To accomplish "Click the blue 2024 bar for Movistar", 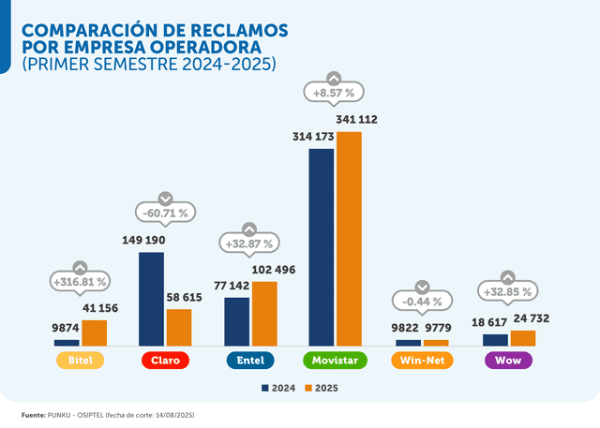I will click(x=321, y=247).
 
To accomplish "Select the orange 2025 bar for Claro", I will click(x=179, y=327).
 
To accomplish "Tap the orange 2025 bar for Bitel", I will click(x=94, y=332).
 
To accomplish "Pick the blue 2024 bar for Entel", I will click(x=237, y=321).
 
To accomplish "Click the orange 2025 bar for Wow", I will click(x=523, y=338).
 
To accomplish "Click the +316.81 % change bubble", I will click(x=80, y=281).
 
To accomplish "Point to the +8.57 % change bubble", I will click(x=334, y=93).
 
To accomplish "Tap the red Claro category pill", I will click(x=165, y=361).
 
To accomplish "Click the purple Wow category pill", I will click(x=508, y=361).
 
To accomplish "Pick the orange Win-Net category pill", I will click(x=422, y=361).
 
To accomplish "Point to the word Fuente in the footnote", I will click(x=33, y=414).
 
